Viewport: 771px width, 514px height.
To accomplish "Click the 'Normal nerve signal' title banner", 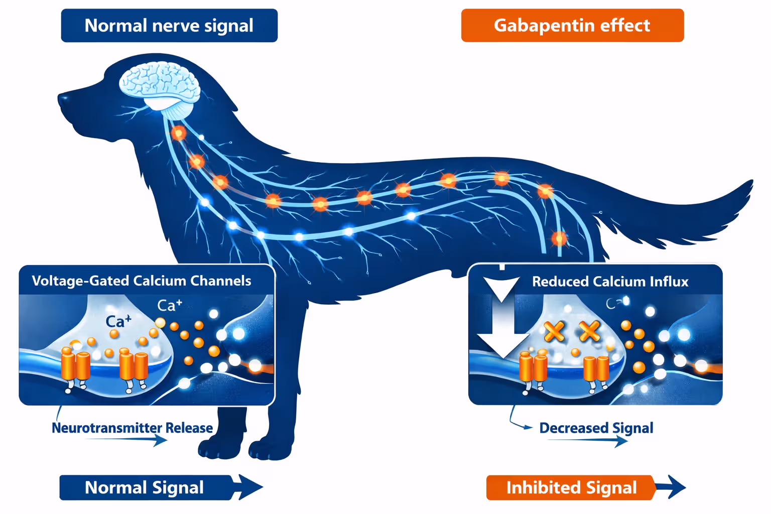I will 169,26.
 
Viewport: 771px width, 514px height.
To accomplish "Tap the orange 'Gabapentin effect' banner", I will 572,26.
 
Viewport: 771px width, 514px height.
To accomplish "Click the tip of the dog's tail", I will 751,183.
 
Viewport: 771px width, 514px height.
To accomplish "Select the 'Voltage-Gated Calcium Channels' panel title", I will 142,281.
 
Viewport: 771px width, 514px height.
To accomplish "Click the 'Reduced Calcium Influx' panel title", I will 610,282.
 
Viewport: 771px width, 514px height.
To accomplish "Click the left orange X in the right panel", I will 555,331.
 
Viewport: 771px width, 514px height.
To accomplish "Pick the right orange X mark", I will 589,331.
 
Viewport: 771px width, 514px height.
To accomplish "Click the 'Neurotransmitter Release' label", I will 133,428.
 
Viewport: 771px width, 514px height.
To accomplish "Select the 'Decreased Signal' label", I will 596,428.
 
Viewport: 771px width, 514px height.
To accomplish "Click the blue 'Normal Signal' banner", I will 145,487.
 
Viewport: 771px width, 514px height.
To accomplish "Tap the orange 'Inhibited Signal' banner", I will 571,487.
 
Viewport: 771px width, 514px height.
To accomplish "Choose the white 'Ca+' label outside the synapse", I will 170,305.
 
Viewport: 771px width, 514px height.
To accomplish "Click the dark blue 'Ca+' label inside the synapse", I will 118,321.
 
